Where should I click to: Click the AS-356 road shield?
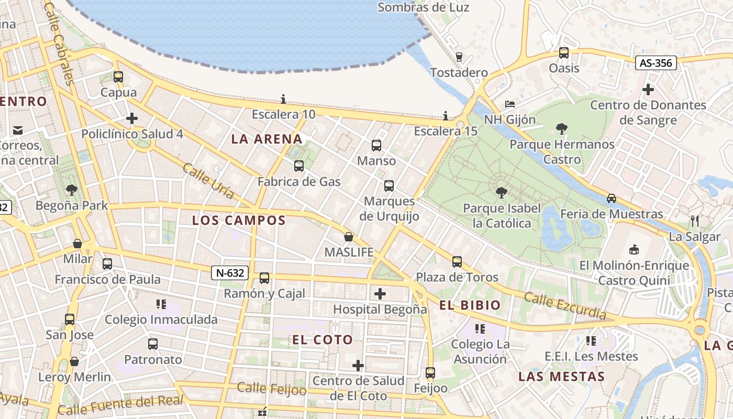click(x=656, y=63)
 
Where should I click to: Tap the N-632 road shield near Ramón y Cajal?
click(x=230, y=273)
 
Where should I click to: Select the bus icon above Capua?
click(x=118, y=77)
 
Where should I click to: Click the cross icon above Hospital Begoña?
click(x=380, y=294)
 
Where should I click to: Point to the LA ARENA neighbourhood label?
click(x=267, y=139)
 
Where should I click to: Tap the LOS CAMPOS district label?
click(x=239, y=220)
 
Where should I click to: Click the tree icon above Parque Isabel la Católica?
click(x=502, y=193)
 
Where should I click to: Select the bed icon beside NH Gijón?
click(x=510, y=104)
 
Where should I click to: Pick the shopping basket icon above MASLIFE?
click(x=349, y=237)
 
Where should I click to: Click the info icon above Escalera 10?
click(x=283, y=99)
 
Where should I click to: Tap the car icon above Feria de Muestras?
click(x=612, y=199)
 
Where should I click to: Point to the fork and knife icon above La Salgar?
click(x=695, y=220)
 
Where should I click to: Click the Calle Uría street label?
click(x=208, y=181)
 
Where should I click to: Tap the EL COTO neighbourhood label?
click(x=323, y=340)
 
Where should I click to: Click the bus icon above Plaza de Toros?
click(x=457, y=261)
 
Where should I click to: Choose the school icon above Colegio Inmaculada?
click(x=161, y=304)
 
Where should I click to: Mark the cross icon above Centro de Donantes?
click(x=648, y=90)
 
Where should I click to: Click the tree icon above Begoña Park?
click(x=71, y=190)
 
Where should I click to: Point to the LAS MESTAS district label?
click(x=562, y=377)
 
